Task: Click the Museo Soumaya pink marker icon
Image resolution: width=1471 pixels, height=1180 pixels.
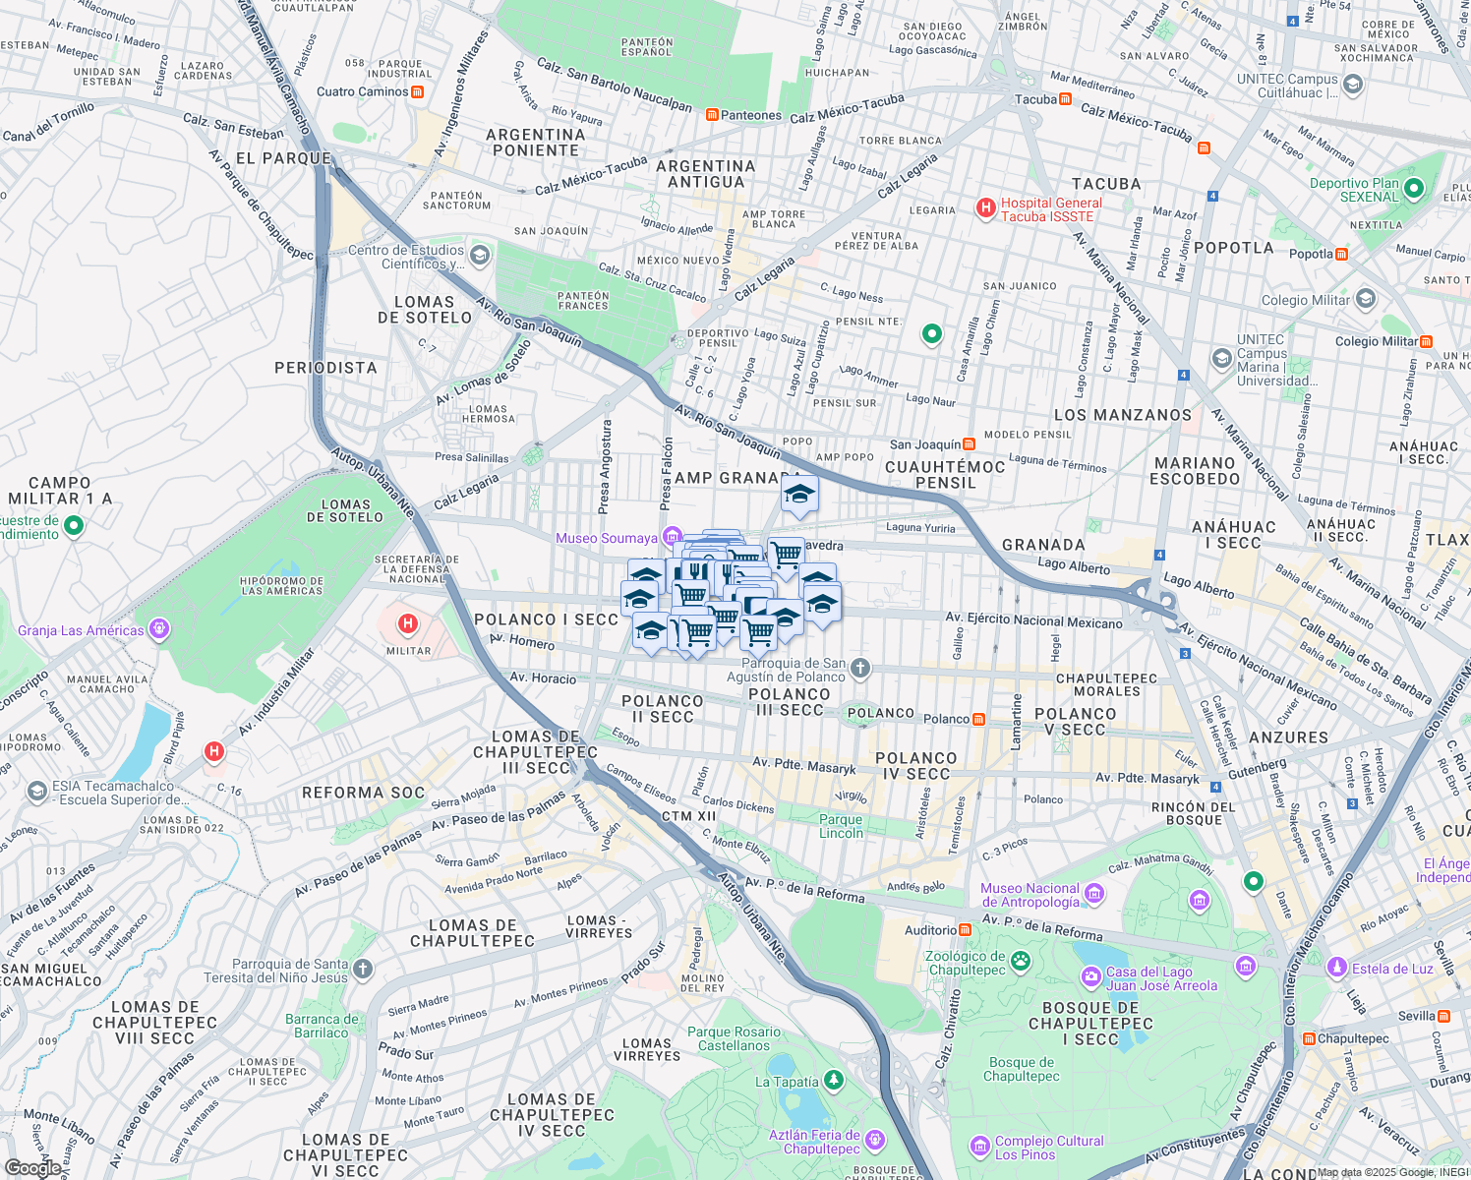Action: (672, 537)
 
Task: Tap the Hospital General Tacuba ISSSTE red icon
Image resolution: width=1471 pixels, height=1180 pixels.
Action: (985, 208)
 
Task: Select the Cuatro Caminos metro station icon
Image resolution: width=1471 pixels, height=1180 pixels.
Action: (418, 91)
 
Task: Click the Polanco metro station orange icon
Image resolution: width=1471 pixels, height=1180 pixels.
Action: (978, 719)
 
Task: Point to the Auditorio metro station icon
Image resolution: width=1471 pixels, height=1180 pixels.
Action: (966, 929)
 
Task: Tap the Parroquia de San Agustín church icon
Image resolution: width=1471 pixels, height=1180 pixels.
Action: (860, 670)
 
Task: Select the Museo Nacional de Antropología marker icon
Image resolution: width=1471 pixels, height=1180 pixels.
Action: (1094, 894)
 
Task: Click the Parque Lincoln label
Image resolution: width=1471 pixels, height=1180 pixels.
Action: (841, 826)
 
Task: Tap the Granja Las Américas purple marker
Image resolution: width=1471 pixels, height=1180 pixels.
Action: (160, 629)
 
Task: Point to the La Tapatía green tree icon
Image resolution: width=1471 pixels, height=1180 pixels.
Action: (834, 1082)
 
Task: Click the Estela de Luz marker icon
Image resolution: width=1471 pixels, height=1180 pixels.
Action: (1336, 968)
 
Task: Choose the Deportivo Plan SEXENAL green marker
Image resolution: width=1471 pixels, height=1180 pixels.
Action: (1414, 188)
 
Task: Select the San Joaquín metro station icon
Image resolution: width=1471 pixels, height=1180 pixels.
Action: (970, 444)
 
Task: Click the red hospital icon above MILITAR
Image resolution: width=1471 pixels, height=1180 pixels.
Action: (407, 623)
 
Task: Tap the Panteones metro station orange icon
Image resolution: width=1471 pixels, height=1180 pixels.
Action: (712, 115)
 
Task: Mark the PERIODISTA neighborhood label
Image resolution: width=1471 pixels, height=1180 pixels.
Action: (325, 368)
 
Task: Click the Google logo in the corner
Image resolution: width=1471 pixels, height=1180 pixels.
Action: (33, 1167)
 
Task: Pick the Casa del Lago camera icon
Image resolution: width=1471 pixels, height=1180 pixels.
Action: (1090, 977)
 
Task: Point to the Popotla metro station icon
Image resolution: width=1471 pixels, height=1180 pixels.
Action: (1341, 254)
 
